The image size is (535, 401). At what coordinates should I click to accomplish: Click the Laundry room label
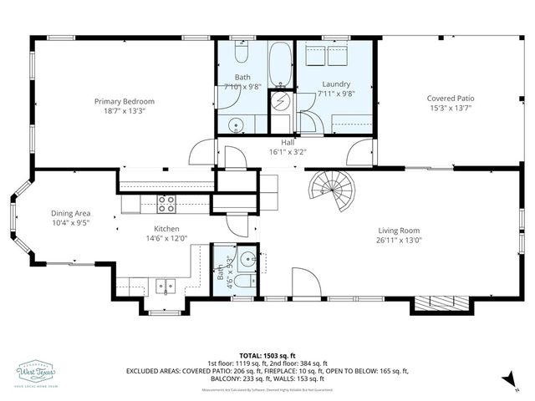[335, 84]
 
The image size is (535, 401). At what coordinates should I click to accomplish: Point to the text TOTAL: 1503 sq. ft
[267, 355]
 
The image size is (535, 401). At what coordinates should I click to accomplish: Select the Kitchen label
[166, 228]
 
